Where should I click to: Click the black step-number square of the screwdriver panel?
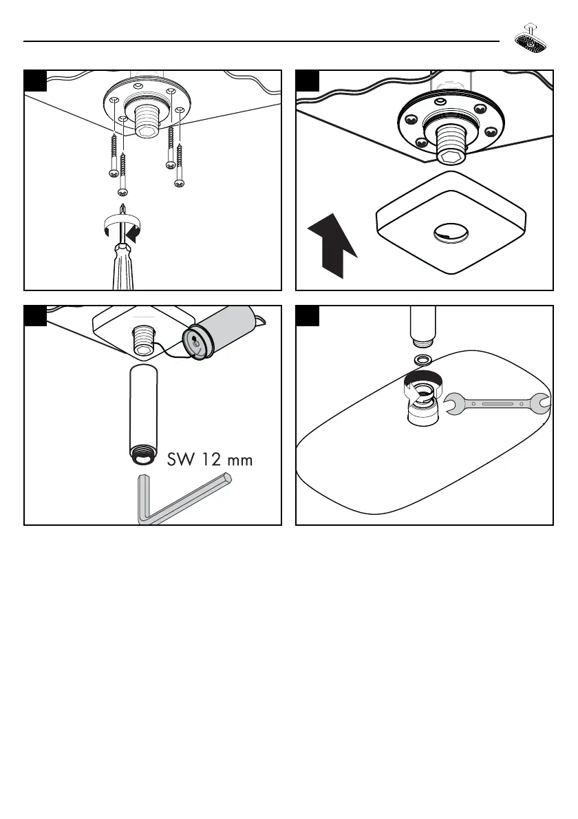click(x=36, y=81)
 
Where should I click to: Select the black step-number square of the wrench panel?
click(x=307, y=317)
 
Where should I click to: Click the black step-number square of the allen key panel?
click(x=36, y=317)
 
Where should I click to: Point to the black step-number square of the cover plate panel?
click(x=307, y=81)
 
